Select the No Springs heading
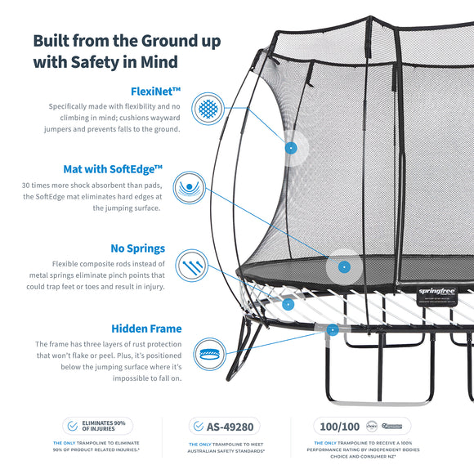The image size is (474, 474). coord(137,248)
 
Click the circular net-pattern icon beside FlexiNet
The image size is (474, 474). coord(208,109)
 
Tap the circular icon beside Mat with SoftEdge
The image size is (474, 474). coord(190,187)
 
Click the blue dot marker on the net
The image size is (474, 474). coord(290,148)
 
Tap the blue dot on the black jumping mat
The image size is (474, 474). coord(344,266)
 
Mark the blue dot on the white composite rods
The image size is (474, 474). coord(288,304)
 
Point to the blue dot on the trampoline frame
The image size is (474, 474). coord(332,331)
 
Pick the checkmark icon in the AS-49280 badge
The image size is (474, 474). coord(199,426)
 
